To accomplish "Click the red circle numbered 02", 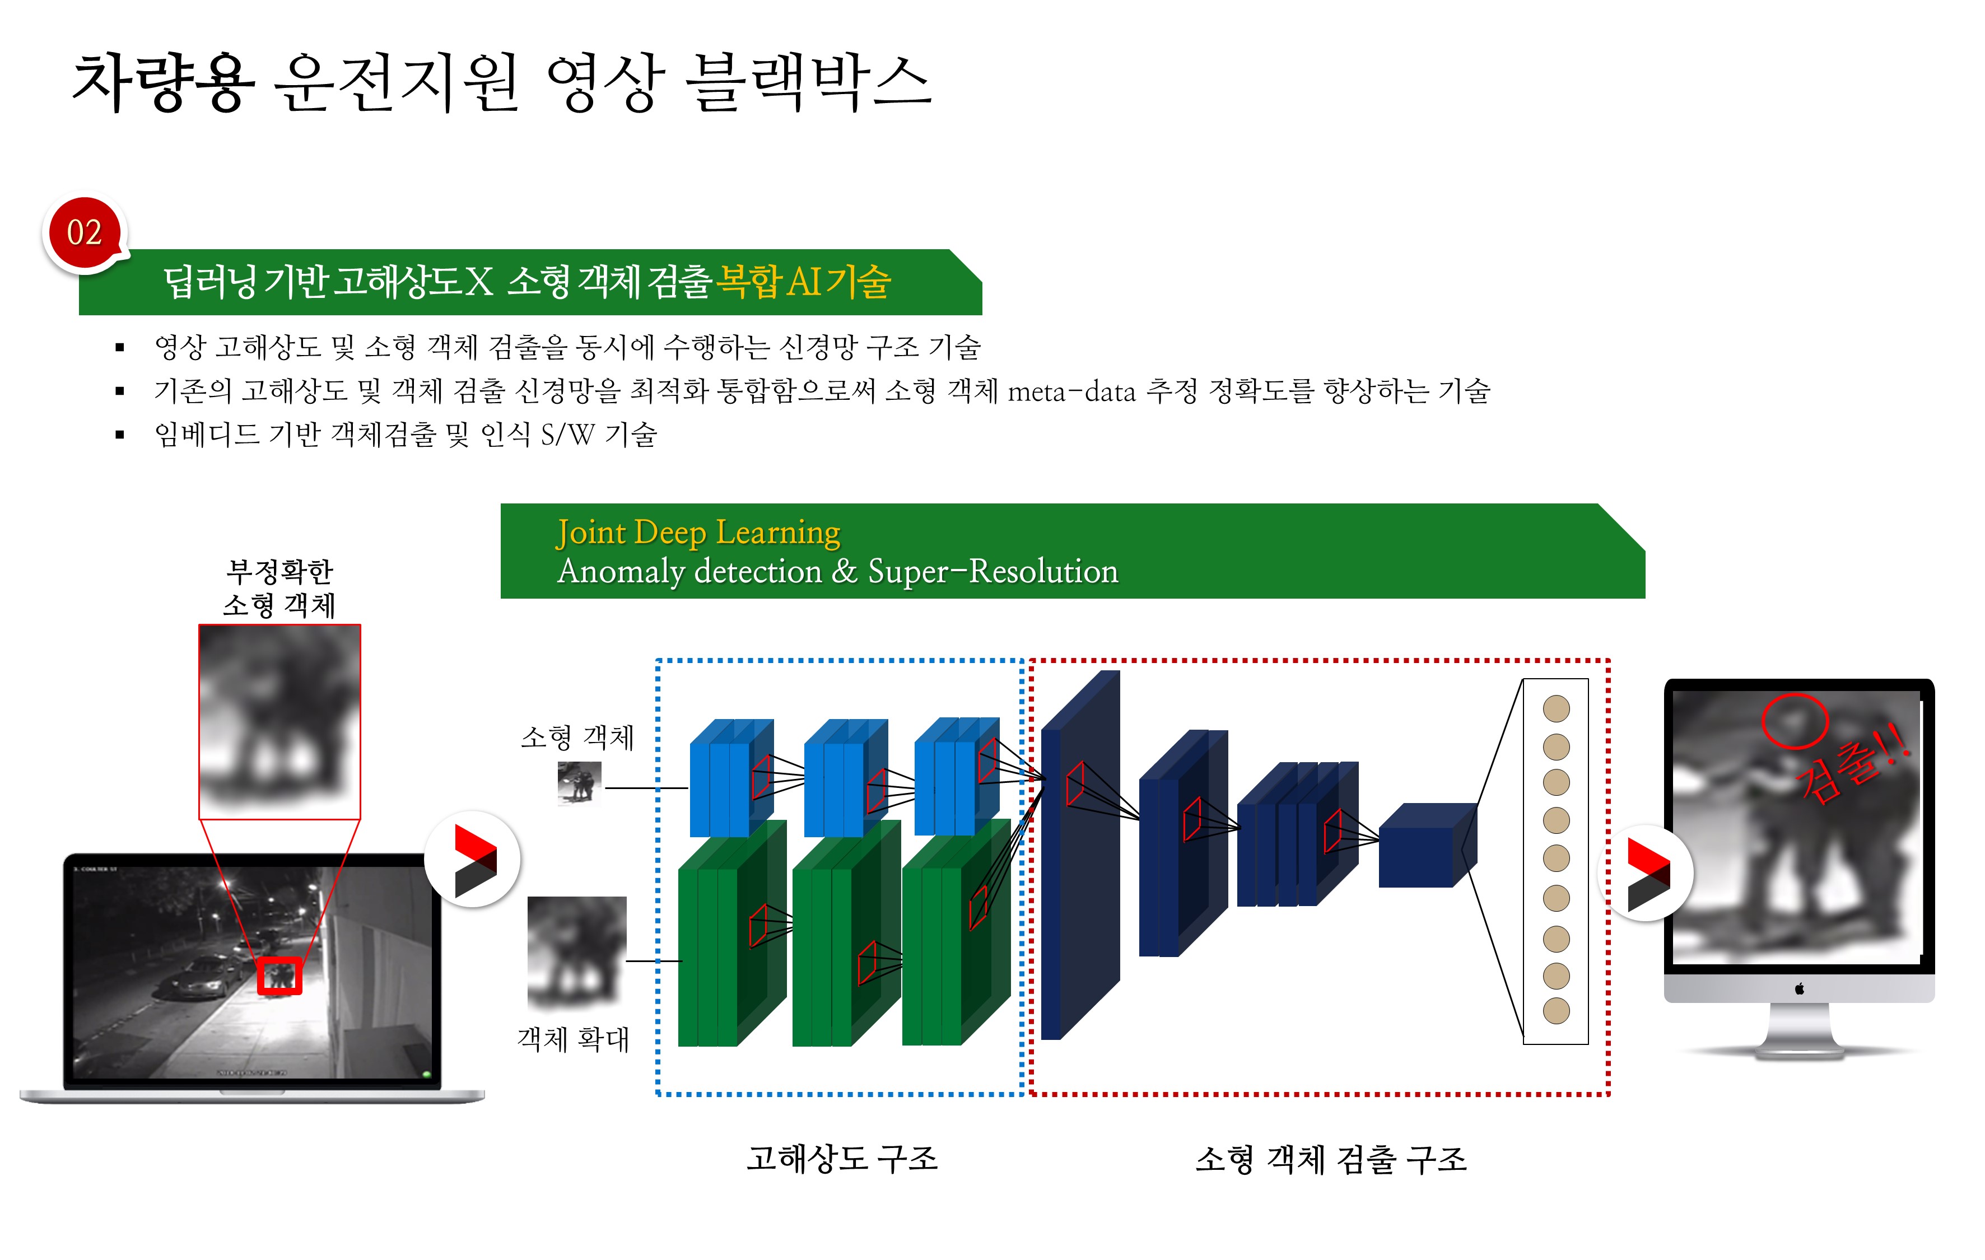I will click(x=84, y=232).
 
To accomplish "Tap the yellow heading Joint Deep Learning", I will click(x=697, y=533).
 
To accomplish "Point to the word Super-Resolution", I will click(x=992, y=571).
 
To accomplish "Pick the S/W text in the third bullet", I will click(x=567, y=435).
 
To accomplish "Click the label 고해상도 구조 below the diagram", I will click(x=842, y=1158).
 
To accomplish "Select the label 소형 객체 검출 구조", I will click(x=1330, y=1159).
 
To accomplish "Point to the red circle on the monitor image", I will click(x=1795, y=720).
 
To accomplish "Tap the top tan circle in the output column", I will click(x=1555, y=708).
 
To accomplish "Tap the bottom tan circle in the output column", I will click(x=1555, y=1010).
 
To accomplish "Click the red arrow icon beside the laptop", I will click(x=474, y=860).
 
